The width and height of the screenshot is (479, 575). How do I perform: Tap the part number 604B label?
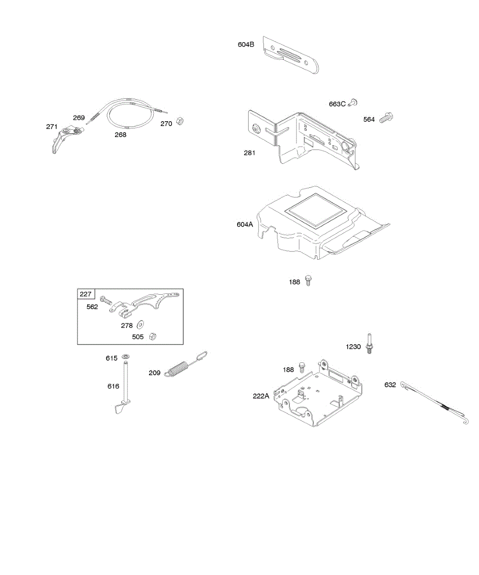(x=246, y=45)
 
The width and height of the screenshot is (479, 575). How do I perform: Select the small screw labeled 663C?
(x=353, y=102)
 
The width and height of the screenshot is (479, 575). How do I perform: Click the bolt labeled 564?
(x=386, y=117)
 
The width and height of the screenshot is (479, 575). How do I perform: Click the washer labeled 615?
(x=126, y=356)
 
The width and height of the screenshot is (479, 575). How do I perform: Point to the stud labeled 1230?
(x=370, y=344)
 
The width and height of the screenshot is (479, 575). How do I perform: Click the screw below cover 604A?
(x=308, y=280)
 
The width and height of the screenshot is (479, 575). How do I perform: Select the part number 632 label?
(x=390, y=384)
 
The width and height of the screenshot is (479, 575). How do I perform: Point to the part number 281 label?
(x=250, y=153)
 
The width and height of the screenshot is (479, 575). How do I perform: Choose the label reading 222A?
(x=261, y=396)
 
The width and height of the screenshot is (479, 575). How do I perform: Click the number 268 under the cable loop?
(x=120, y=135)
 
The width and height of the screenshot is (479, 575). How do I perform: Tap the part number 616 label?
(x=113, y=386)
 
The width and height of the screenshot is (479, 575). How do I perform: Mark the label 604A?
(x=245, y=224)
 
